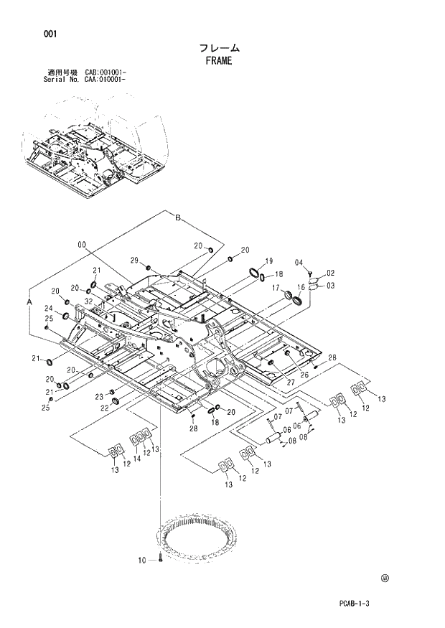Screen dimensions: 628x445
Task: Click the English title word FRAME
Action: tap(219, 61)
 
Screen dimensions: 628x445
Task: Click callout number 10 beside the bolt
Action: tap(141, 559)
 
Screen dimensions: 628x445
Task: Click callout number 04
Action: tap(299, 262)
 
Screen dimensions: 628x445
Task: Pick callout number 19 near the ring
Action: tap(269, 261)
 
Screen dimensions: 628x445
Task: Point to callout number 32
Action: tap(88, 302)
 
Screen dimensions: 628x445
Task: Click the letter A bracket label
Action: tap(30, 304)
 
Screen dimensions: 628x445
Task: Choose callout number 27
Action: tap(291, 383)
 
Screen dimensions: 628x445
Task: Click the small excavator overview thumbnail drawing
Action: tap(97, 144)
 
